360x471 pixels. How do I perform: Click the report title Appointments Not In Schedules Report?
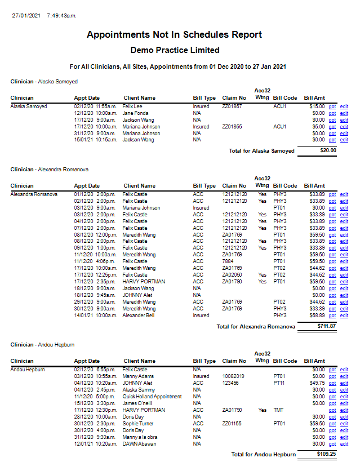pos(174,35)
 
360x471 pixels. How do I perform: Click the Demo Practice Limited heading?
pos(174,50)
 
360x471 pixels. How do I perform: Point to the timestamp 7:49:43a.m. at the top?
pos(61,15)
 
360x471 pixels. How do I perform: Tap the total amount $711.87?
pos(326,326)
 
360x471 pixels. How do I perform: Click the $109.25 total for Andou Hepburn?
pos(326,454)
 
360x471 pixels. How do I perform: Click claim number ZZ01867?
pos(232,106)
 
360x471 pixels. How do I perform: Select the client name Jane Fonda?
pos(136,113)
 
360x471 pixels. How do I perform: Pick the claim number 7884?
pos(228,261)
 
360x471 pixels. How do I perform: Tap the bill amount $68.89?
pos(317,316)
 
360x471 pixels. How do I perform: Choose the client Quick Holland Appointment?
pos(152,397)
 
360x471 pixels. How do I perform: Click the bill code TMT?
pos(279,410)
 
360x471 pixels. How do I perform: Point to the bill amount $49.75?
pos(317,383)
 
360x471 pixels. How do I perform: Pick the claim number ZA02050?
pos(232,275)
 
